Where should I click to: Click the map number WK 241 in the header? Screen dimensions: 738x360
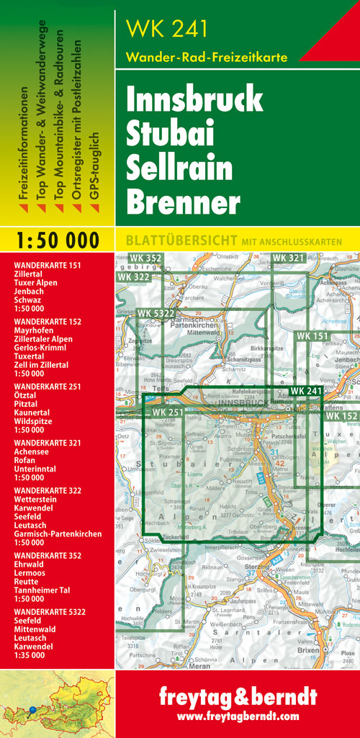click(x=166, y=28)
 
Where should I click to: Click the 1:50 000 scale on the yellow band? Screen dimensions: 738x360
click(x=57, y=240)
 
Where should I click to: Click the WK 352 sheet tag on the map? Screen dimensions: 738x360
click(x=146, y=258)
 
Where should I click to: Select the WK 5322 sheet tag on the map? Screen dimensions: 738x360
click(x=155, y=313)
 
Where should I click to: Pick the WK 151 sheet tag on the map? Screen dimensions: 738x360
click(x=312, y=336)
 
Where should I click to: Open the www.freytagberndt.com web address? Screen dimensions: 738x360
click(x=237, y=717)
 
